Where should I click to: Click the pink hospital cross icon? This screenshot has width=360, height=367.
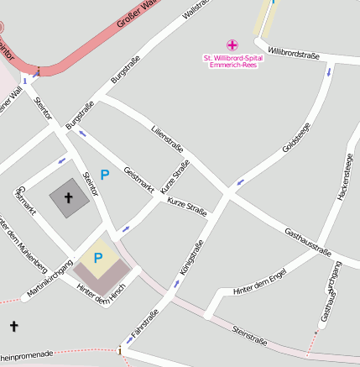pyautogui.click(x=232, y=45)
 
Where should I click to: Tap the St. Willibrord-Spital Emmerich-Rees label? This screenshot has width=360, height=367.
pyautogui.click(x=232, y=60)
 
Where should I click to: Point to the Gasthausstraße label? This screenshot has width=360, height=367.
pyautogui.click(x=308, y=241)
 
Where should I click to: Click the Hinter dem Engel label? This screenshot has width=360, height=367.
pyautogui.click(x=263, y=284)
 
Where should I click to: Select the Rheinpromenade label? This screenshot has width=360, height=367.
pyautogui.click(x=27, y=354)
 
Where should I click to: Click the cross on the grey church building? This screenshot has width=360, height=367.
pyautogui.click(x=68, y=198)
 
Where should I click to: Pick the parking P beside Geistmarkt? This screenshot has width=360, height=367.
pyautogui.click(x=105, y=175)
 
